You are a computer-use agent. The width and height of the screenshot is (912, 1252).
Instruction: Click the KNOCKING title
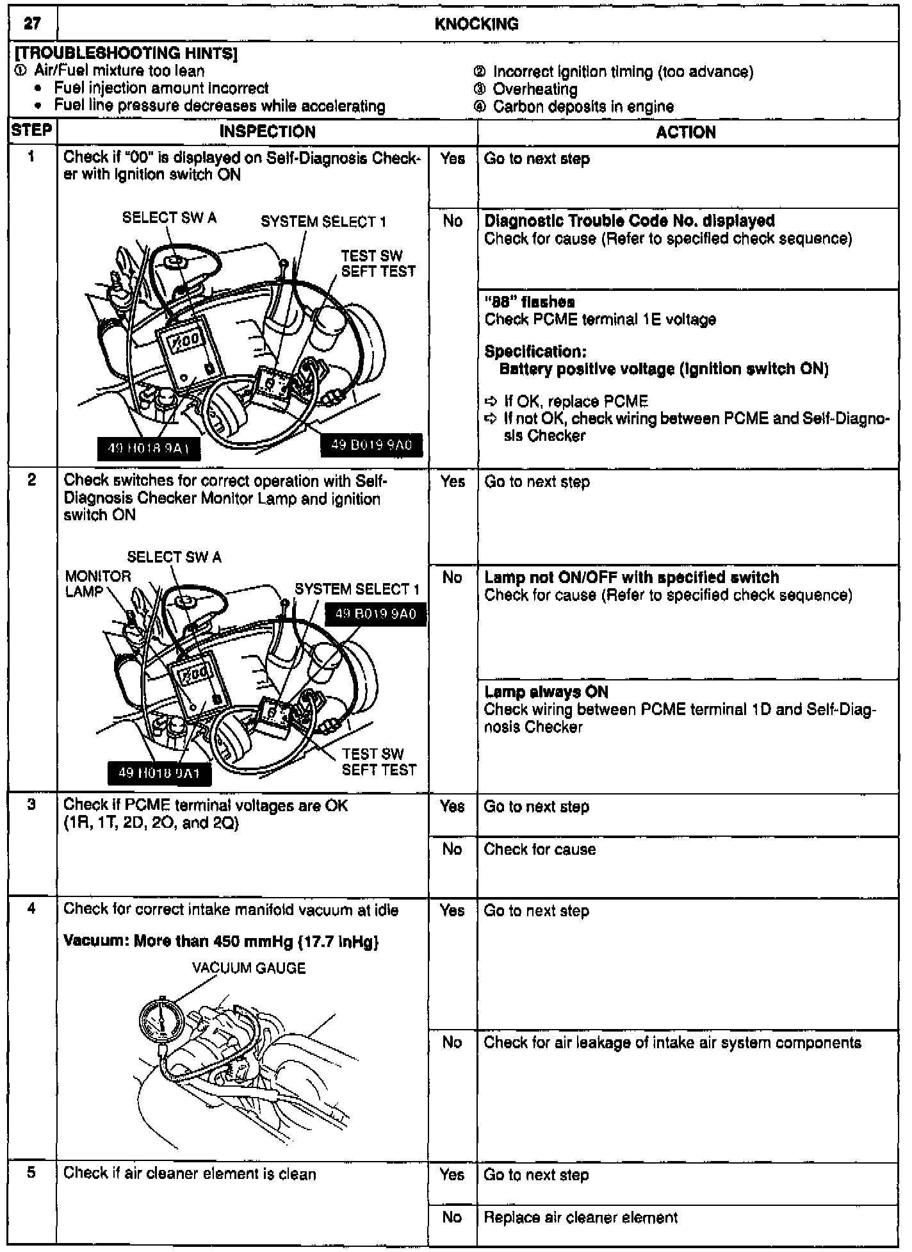coord(476,24)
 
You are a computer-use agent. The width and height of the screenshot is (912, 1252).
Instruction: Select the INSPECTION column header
coord(267,132)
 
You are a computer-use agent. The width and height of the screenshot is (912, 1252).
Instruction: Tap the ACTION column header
coord(685,133)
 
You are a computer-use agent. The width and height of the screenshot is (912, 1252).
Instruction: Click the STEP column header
coord(31,131)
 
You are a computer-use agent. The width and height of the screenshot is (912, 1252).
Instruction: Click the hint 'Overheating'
coord(535,89)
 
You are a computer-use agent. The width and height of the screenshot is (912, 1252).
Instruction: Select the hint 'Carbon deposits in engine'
coord(583,106)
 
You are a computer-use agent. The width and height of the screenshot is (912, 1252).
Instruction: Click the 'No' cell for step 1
coord(452,221)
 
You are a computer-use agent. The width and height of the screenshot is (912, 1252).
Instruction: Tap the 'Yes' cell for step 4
coord(452,910)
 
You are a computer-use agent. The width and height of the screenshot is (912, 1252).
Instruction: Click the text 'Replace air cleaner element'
coord(580,1217)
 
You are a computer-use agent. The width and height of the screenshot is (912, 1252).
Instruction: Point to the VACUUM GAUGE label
coord(249,968)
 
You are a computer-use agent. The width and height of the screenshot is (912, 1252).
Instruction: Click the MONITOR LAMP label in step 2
coord(98,583)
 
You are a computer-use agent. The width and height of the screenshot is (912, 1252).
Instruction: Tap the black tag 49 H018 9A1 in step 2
coord(159,773)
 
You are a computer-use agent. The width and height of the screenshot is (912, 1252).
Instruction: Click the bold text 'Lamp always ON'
coord(546,692)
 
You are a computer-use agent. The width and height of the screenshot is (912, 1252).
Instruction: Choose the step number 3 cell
coord(31,805)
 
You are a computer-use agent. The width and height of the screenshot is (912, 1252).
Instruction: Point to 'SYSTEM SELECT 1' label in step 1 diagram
coord(323,222)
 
